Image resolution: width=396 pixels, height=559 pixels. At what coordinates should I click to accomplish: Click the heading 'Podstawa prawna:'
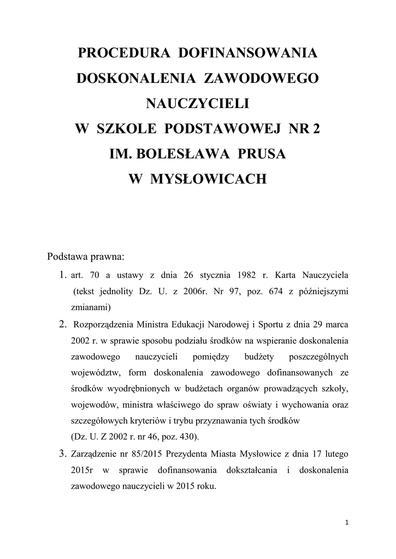tap(86, 255)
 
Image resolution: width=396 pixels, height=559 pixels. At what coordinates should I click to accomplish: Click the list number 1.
tap(62, 273)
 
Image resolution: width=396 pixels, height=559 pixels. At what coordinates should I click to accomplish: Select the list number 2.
tap(62, 324)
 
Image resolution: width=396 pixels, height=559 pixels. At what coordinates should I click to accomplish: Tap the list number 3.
tap(62, 453)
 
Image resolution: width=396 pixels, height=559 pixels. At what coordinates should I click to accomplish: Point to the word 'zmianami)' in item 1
tap(91, 307)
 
